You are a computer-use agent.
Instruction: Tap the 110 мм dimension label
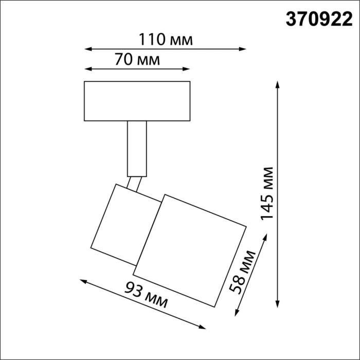[x=165, y=39]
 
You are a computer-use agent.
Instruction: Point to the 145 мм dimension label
[x=267, y=193]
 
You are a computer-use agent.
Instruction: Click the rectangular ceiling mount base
[x=137, y=101]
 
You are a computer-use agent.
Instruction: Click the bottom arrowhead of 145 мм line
[x=278, y=303]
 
